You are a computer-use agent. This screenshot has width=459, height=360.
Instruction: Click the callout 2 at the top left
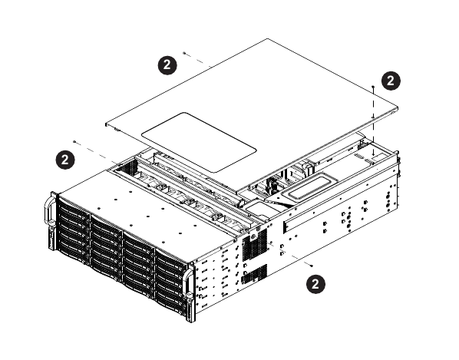coord(165,65)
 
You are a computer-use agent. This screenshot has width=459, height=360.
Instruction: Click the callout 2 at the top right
coord(391,80)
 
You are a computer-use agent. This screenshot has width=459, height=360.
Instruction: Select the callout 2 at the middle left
coord(67,159)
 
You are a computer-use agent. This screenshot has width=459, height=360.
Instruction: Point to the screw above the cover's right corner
coord(373,87)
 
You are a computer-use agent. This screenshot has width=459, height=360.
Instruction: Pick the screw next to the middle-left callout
coord(74,142)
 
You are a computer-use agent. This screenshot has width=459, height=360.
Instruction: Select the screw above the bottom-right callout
coord(311,263)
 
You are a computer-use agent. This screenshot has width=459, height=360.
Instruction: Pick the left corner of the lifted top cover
coord(104,122)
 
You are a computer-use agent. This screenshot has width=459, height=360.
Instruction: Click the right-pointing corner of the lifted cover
coord(401,107)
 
